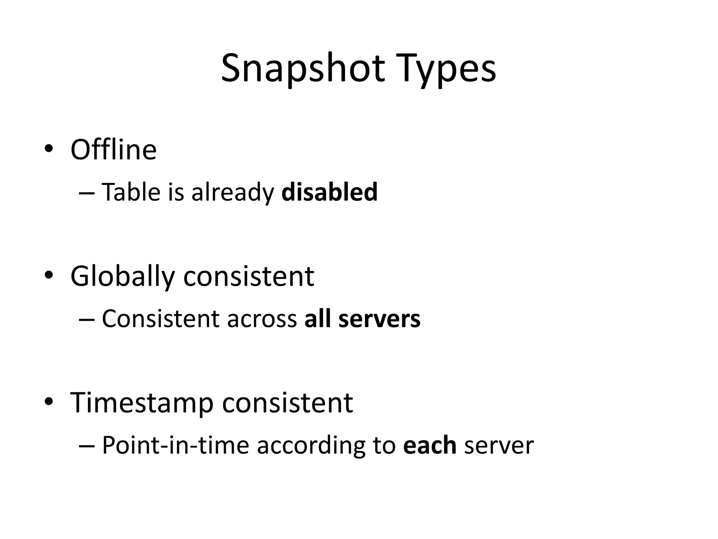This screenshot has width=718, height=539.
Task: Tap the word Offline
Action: coord(114,150)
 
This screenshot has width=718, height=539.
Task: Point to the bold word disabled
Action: coord(329,192)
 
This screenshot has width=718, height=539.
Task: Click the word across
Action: coord(262,319)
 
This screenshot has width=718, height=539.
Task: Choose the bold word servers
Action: coord(379,319)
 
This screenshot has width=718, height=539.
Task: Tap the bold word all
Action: coord(317,319)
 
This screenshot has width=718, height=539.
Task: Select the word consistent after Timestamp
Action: coord(287,403)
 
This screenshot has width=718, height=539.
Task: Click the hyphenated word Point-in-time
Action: coord(175,446)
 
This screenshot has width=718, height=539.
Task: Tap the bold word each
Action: coord(429,446)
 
